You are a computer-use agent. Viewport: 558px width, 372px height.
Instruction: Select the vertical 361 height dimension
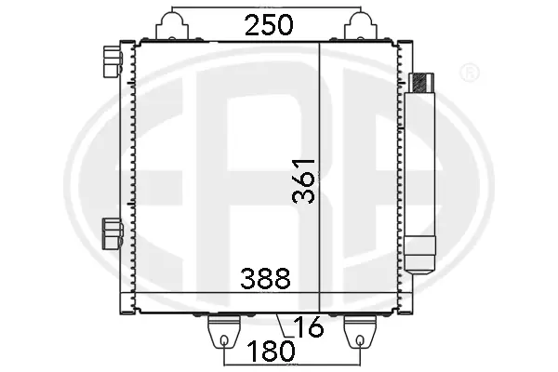click(304, 179)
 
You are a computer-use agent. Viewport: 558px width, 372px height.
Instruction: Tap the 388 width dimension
click(265, 277)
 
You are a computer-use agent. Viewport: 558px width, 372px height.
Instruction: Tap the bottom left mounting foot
click(224, 330)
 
